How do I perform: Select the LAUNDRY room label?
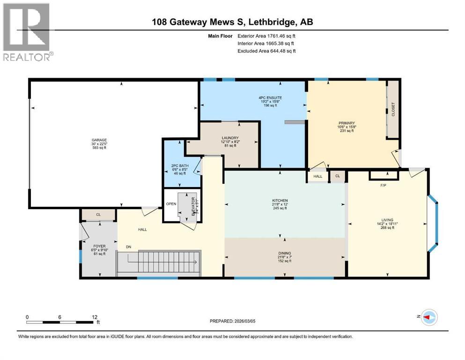point(230,138)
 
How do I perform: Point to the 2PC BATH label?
point(178,165)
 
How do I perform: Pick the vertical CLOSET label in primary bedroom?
point(393,109)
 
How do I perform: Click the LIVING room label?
point(387,219)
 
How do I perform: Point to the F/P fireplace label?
point(383,185)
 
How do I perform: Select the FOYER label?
point(99,246)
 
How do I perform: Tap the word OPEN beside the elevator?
point(171,204)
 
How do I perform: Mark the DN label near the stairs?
point(128,247)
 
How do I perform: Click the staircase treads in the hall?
point(159,264)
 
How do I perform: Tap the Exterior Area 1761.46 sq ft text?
point(266,36)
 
